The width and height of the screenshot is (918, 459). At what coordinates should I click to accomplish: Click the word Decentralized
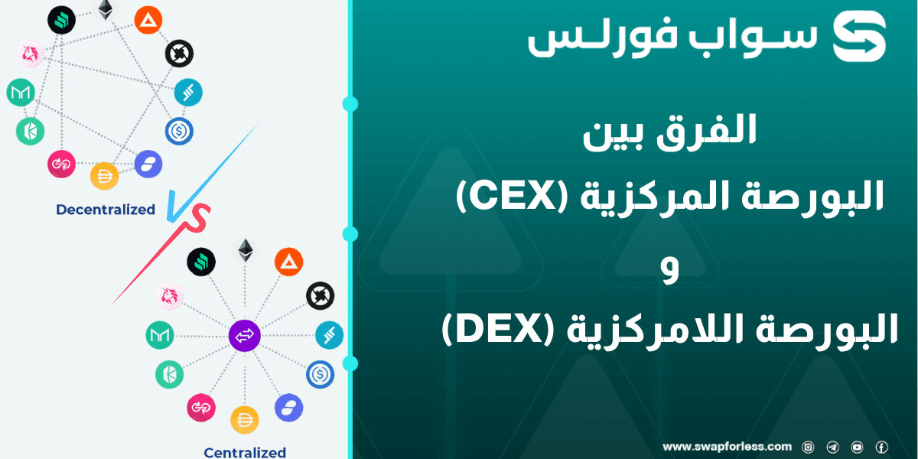point(106,210)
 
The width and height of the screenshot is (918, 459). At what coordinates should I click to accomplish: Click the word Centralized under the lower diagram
point(245,452)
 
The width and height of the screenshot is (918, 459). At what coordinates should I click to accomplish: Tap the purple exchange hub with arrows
point(245,335)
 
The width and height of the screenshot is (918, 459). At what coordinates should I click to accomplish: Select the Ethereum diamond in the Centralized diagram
point(245,250)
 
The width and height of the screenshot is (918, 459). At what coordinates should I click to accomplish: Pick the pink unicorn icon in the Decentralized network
point(30,54)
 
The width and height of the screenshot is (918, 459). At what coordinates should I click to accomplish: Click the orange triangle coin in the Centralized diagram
point(288,262)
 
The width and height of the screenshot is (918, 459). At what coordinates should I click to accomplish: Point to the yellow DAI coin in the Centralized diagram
point(245,419)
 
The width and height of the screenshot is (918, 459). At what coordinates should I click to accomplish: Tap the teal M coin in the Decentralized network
point(21,93)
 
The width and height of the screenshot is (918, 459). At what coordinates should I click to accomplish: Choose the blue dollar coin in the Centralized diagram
point(320,374)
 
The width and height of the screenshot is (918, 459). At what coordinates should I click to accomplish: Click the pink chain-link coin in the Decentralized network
point(61,163)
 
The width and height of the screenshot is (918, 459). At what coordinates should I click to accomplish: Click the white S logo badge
point(859,36)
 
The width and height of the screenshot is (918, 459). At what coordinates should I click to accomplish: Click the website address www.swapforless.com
point(727,447)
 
